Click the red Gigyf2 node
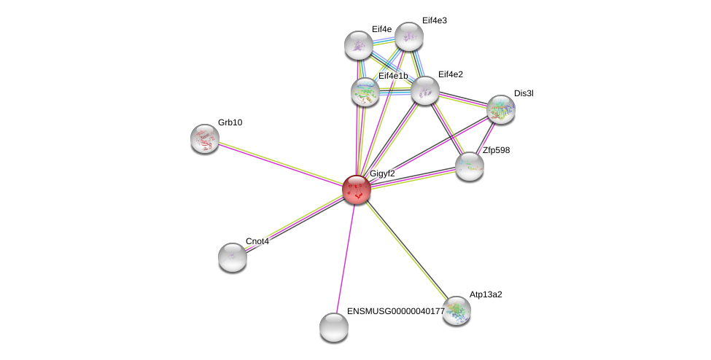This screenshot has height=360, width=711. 357,189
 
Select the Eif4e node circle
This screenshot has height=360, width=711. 359,45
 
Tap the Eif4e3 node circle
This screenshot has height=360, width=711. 409,36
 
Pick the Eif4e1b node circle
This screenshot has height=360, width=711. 365,92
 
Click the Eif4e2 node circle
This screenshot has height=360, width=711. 425,90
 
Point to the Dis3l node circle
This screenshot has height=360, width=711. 501,109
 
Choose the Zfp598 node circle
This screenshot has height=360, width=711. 470,166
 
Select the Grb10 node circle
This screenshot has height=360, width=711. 205,138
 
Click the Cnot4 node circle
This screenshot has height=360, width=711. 233,257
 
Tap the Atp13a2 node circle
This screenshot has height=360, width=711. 456,310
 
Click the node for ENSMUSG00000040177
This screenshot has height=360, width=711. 334,327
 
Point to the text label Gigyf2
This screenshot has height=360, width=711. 382,173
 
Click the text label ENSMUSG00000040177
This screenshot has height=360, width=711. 395,311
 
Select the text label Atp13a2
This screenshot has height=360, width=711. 486,294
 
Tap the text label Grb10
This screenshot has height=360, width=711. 230,122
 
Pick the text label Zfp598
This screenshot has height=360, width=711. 496,150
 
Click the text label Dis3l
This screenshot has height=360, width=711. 524,93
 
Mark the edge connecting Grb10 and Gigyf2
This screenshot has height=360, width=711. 281,164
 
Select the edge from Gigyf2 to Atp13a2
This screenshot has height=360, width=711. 406,249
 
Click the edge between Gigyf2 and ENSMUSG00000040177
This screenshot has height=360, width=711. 346,257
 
